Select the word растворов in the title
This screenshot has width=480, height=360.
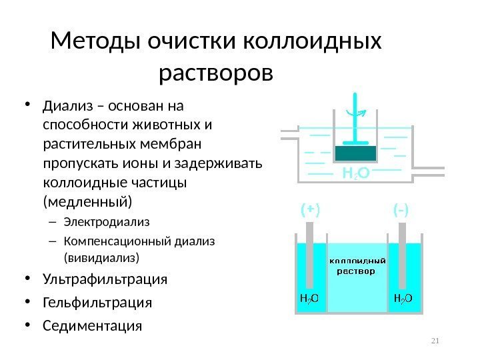217,71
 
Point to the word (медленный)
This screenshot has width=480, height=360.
87,201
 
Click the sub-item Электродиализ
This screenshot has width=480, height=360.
107,221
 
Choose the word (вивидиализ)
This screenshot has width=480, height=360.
103,256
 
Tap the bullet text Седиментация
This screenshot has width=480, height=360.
92,326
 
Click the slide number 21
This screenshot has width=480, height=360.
437,342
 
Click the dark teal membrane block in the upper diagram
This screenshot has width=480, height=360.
355,153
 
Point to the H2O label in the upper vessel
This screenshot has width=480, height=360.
356,174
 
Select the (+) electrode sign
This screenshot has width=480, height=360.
310,211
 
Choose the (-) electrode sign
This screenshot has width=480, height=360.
401,211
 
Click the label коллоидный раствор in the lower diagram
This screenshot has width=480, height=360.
355,266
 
